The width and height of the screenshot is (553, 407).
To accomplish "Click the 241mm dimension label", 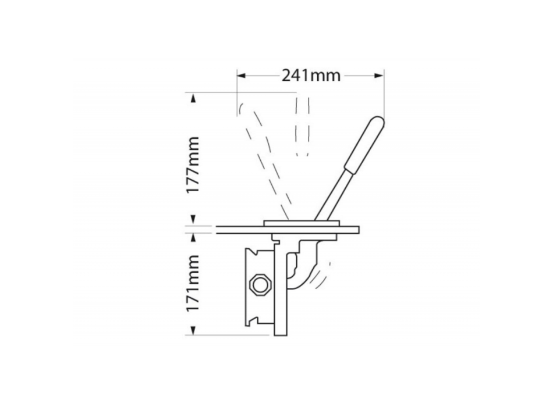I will click(311, 76).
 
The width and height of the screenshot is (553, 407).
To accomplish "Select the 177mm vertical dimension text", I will click(191, 165).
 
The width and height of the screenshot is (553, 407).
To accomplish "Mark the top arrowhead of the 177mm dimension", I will click(192, 97).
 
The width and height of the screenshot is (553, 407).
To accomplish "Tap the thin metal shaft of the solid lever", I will click(329, 194).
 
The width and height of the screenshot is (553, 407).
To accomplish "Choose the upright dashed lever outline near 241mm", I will click(302, 125).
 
